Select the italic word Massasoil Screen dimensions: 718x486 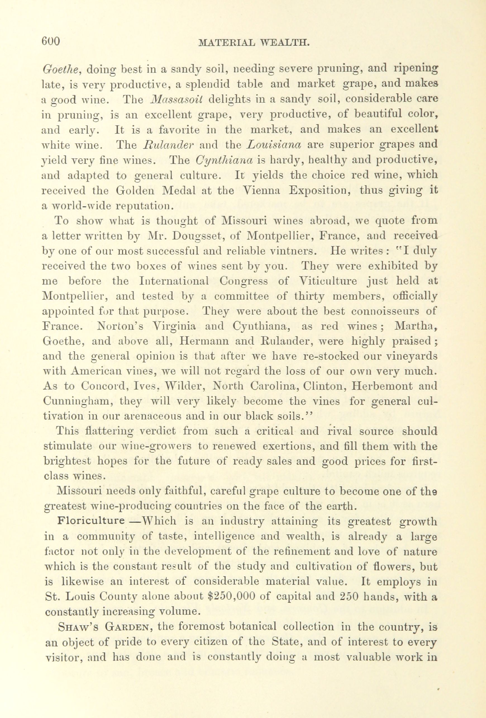(x=177, y=99)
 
